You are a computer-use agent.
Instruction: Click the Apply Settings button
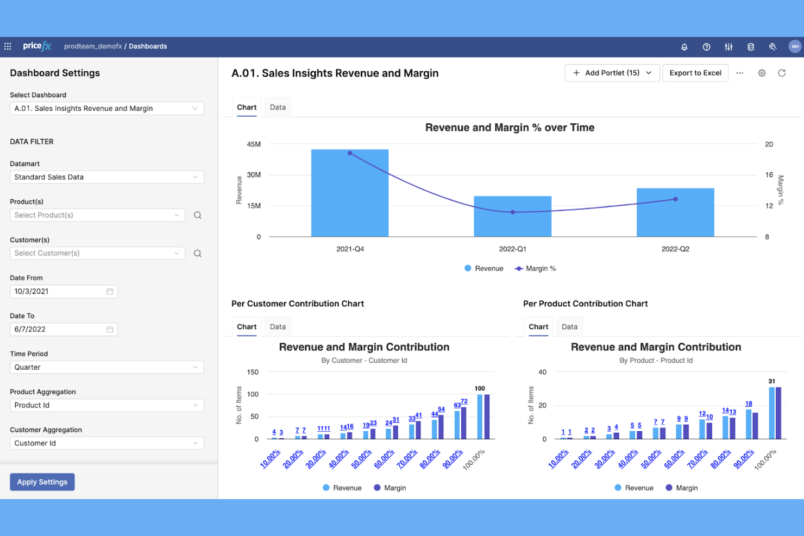(42, 482)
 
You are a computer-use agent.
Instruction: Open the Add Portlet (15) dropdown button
(612, 73)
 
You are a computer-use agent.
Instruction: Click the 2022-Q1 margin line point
(512, 212)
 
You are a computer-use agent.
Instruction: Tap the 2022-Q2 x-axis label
(675, 249)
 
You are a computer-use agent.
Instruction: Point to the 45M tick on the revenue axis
(254, 144)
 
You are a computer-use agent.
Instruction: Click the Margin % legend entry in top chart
(536, 268)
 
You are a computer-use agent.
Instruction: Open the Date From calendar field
(64, 291)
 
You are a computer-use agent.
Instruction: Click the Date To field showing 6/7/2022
(64, 329)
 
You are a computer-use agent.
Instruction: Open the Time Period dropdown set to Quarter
(106, 367)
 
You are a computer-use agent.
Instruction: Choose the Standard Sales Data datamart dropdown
(106, 177)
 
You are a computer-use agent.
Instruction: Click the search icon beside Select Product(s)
(198, 215)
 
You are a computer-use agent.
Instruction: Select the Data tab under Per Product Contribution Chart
(569, 326)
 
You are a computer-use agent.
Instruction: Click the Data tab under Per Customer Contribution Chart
(278, 326)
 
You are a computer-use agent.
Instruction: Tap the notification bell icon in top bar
(684, 47)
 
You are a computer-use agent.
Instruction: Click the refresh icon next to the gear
(782, 73)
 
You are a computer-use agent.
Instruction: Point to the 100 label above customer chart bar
(480, 388)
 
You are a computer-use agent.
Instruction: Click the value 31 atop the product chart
(771, 381)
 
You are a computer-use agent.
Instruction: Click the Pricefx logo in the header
(37, 46)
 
